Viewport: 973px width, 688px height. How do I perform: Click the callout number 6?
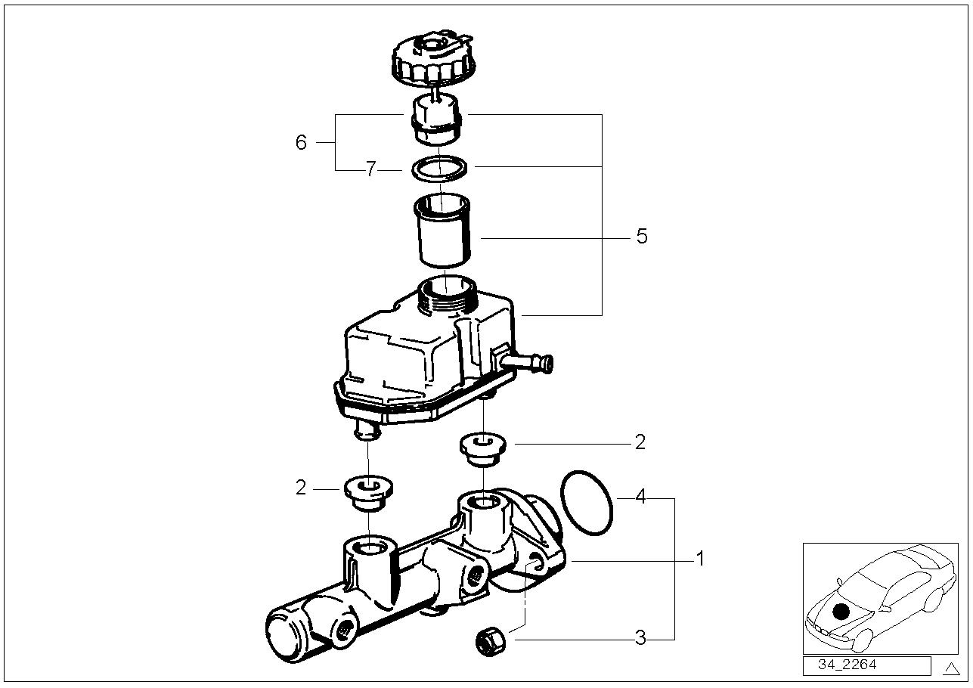point(301,143)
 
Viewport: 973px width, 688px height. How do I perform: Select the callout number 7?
point(370,170)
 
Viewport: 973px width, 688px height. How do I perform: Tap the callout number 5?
point(641,237)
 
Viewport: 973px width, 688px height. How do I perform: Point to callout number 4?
point(640,497)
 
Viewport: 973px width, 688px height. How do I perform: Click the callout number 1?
point(700,559)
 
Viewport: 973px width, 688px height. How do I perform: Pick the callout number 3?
point(640,638)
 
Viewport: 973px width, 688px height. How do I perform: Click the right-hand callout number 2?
point(640,442)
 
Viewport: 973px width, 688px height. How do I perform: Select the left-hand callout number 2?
point(301,488)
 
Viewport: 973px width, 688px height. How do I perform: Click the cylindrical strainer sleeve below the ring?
point(444,231)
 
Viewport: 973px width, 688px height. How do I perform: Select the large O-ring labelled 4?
point(587,503)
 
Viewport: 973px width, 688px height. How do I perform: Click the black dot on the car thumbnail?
point(841,612)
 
